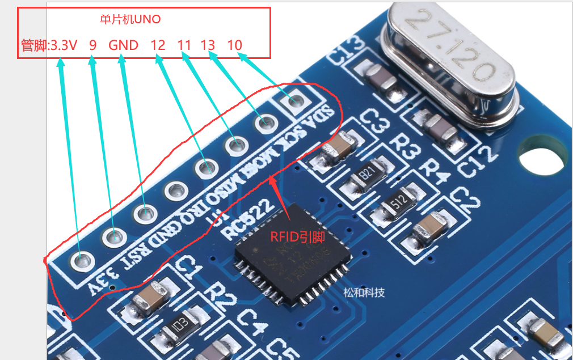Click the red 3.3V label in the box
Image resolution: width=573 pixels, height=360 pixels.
pyautogui.click(x=64, y=45)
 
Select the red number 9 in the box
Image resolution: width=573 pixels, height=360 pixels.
pyautogui.click(x=92, y=45)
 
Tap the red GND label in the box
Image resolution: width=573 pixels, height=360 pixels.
pyautogui.click(x=123, y=45)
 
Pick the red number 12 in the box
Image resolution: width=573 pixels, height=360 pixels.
pyautogui.click(x=158, y=45)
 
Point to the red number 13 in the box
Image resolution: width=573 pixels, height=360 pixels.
pyautogui.click(x=208, y=45)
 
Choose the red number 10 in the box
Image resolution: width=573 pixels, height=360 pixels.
pyautogui.click(x=234, y=45)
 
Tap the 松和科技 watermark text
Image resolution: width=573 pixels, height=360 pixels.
pyautogui.click(x=364, y=293)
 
